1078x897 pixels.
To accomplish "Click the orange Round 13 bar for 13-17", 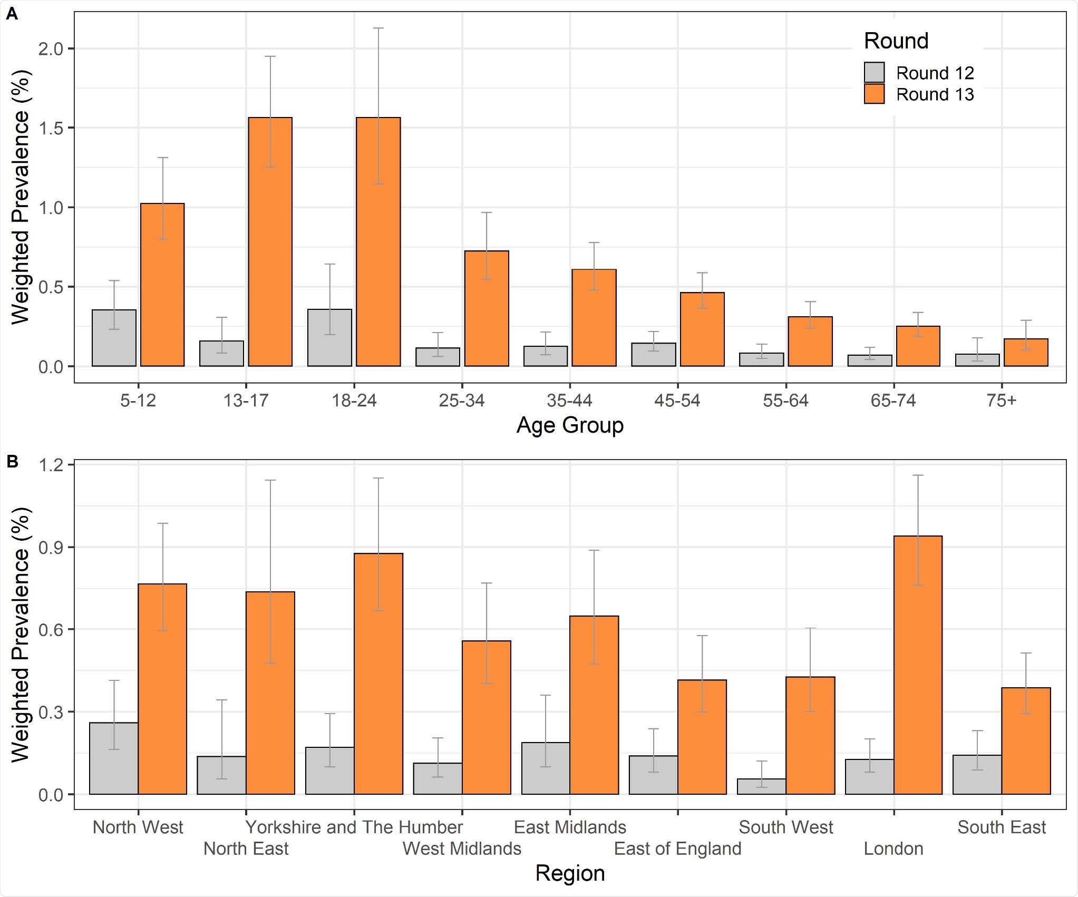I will tap(270, 242).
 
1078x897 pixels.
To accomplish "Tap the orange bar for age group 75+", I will tap(1026, 353).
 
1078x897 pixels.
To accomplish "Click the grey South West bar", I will tap(761, 786).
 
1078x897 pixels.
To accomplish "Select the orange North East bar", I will tap(270, 693).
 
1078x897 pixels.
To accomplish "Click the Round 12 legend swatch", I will tap(874, 73).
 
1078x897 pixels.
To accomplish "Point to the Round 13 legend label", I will tap(935, 94).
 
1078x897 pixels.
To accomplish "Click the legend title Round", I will tap(896, 41).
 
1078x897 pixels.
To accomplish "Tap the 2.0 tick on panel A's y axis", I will tap(50, 49).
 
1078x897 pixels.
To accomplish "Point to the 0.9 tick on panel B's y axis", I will tap(50, 548).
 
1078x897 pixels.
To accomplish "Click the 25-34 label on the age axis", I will tap(461, 401).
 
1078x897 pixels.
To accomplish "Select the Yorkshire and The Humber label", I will tap(354, 827).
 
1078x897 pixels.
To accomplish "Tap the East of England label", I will tap(677, 849).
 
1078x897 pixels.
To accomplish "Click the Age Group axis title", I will tap(569, 425).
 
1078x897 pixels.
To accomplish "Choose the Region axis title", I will tap(569, 873).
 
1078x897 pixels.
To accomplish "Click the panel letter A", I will tap(12, 14).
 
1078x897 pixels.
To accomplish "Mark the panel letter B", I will tap(12, 462).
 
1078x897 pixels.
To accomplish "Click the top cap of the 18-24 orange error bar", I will tap(378, 28).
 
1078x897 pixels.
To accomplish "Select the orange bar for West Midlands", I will tap(486, 717).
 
